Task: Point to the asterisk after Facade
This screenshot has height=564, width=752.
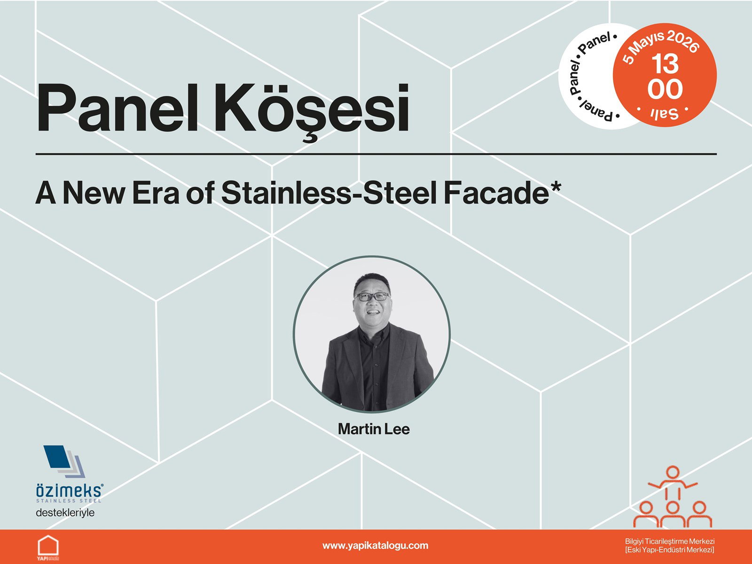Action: point(556,186)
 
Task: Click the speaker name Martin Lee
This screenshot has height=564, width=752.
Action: point(374,429)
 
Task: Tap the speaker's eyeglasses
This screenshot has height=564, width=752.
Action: point(372,297)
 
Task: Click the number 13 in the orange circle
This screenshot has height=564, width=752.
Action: point(665,64)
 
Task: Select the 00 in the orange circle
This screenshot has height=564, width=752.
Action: point(665,89)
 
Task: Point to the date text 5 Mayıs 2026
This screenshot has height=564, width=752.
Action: point(661,45)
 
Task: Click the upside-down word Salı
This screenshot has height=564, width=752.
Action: point(664,113)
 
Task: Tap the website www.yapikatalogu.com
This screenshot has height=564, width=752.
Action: point(375,546)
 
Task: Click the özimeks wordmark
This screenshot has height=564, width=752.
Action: point(69,491)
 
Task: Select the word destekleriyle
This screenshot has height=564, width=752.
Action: point(65,512)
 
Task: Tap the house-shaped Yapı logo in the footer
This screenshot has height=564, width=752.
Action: point(48,547)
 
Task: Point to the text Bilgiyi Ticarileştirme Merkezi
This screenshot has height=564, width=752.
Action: point(669,541)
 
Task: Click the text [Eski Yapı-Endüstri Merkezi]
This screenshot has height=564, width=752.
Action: point(669,550)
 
